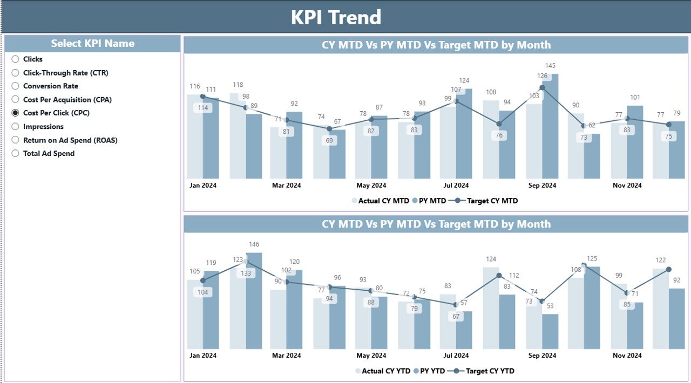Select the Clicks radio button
click(x=15, y=59)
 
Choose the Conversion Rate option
click(x=15, y=86)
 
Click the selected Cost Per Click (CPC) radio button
click(x=15, y=113)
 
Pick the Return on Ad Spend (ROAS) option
click(x=15, y=140)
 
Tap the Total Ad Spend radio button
click(x=15, y=154)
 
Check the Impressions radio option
click(x=15, y=127)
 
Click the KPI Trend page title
click(x=336, y=17)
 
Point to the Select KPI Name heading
click(x=92, y=44)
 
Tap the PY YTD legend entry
click(x=431, y=371)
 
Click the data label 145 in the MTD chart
click(x=550, y=66)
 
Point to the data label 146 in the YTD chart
click(x=254, y=244)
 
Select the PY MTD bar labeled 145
click(x=550, y=129)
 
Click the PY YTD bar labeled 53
click(x=550, y=332)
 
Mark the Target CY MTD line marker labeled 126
click(x=542, y=87)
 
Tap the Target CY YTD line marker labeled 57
click(x=456, y=304)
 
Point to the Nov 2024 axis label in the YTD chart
click(x=627, y=356)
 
